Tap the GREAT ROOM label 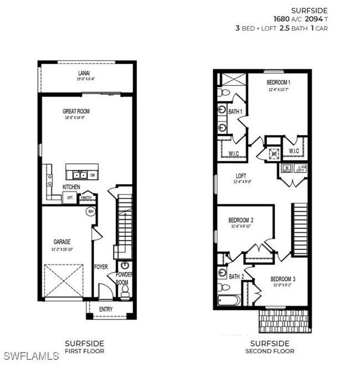76,111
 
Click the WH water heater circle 90,211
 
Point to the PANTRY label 86,197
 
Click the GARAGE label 62,242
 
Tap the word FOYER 101,266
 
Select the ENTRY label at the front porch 106,309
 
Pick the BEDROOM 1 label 279,82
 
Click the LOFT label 240,174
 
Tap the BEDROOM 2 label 242,220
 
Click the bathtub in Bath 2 228,300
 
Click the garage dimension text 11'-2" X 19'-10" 62,248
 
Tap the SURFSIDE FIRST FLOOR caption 84,347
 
